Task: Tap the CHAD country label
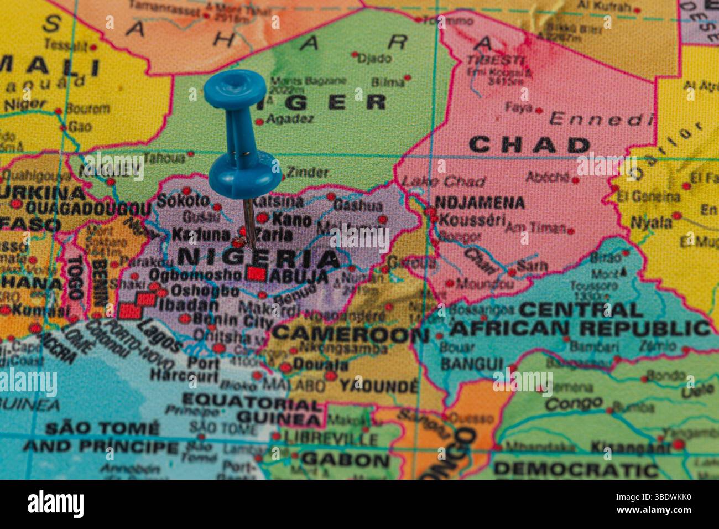point(529,145)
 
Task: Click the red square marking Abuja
point(255,273)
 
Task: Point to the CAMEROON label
point(351,333)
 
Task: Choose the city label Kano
point(291,220)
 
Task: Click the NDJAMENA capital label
point(480,203)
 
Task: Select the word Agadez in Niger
point(290,118)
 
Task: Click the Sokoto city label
point(183,200)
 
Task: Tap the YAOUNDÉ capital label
point(378,386)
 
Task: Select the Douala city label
point(321,365)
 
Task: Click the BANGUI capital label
point(471,364)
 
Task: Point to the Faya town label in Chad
point(519,108)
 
